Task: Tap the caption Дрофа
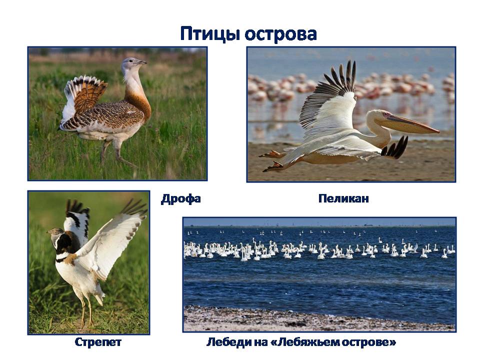point(181,199)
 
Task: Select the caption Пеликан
point(343,198)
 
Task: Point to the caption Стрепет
point(98,342)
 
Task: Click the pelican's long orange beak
point(410,123)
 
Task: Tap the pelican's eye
point(385,115)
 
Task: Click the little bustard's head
point(54,233)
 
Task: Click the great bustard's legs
point(117,153)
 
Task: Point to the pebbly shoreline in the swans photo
point(319,319)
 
